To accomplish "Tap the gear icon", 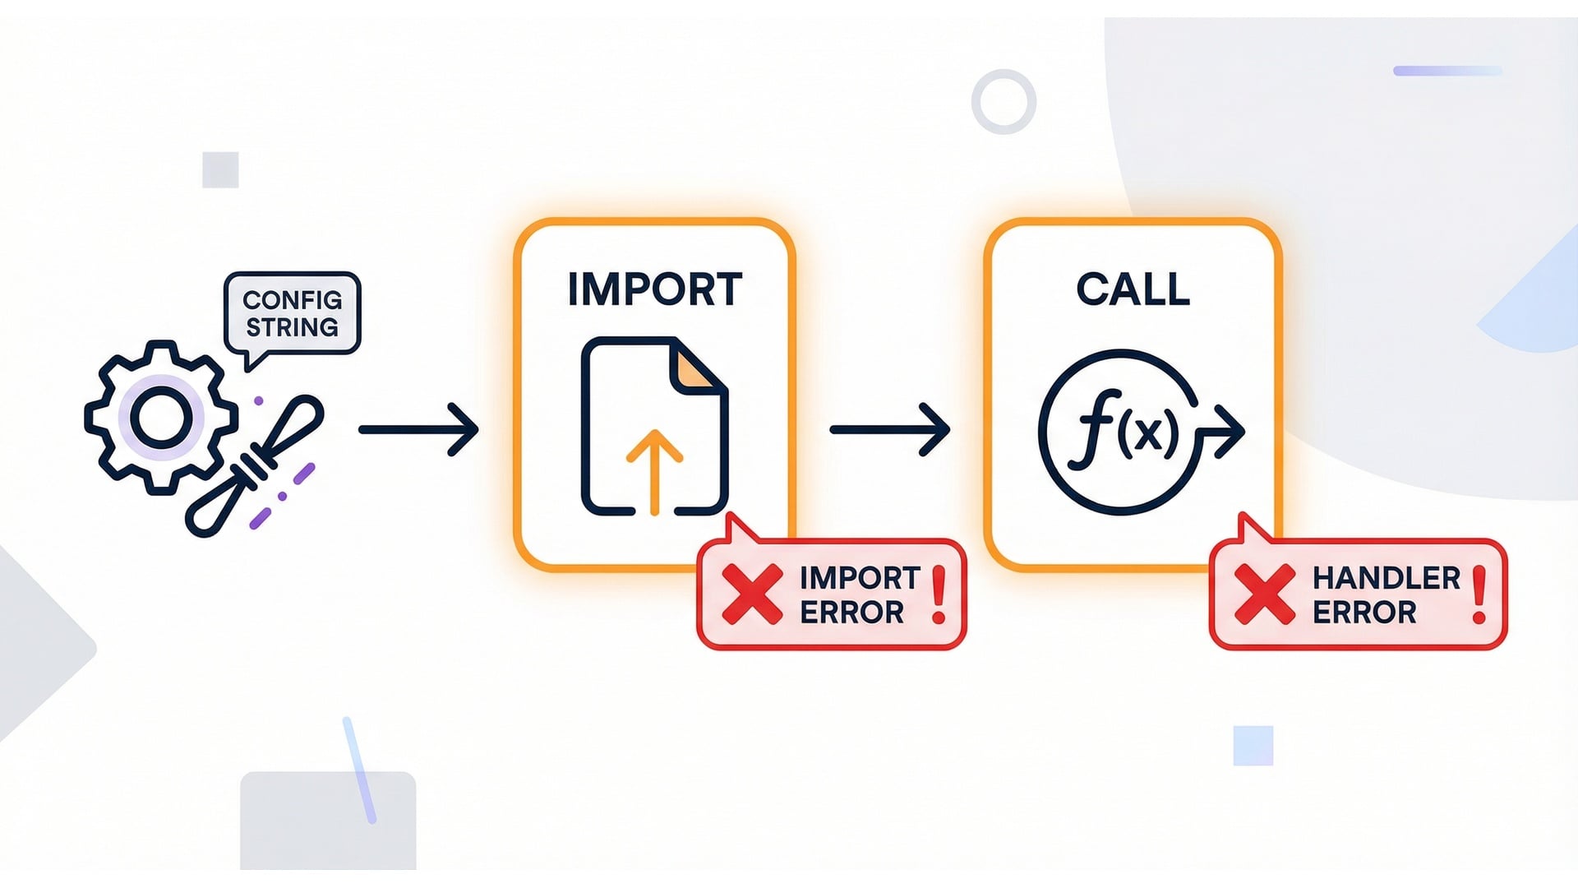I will [161, 418].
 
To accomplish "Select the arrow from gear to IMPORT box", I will [418, 429].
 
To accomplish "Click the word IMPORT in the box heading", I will [655, 289].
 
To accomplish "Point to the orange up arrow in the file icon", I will [654, 469].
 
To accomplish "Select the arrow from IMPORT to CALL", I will [889, 429].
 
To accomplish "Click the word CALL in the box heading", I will [1133, 289].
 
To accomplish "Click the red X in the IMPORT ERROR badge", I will [752, 594].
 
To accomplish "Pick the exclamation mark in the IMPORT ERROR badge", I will [939, 595].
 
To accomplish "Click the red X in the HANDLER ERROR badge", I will [1265, 594].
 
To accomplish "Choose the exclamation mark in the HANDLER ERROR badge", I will [1479, 595].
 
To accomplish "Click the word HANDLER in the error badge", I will [1387, 578].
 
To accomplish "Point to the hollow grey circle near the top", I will [1004, 102].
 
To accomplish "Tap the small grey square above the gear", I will [220, 170].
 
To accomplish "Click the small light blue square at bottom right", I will [1253, 746].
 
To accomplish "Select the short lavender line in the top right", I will [1447, 72].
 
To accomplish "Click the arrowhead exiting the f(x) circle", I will [1230, 431].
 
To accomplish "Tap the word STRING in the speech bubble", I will [293, 327].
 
